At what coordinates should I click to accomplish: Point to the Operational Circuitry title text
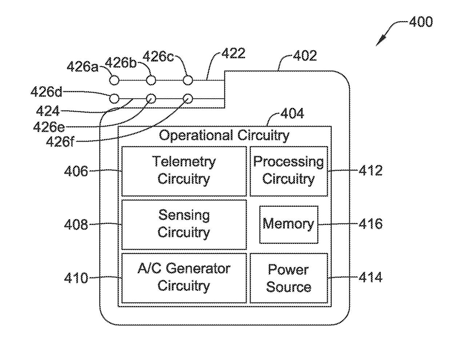[224, 135]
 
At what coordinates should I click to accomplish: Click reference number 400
[421, 22]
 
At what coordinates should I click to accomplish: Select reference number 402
[305, 56]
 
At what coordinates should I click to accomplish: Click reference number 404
[292, 113]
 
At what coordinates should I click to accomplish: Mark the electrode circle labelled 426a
[114, 80]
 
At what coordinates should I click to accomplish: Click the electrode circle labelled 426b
[151, 80]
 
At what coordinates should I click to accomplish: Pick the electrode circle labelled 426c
[188, 80]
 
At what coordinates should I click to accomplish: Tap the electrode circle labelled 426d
[114, 99]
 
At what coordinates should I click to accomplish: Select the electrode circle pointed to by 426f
[188, 99]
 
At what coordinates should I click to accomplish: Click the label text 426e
[49, 127]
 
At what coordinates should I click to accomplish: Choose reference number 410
[76, 278]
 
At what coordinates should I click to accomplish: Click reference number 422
[234, 53]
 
